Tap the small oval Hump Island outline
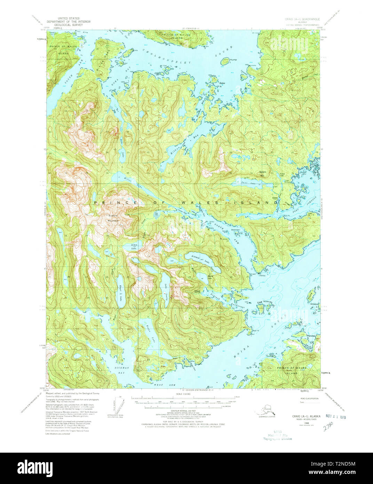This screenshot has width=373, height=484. pyautogui.click(x=224, y=61)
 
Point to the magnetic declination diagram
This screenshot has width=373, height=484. pyautogui.click(x=119, y=404)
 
